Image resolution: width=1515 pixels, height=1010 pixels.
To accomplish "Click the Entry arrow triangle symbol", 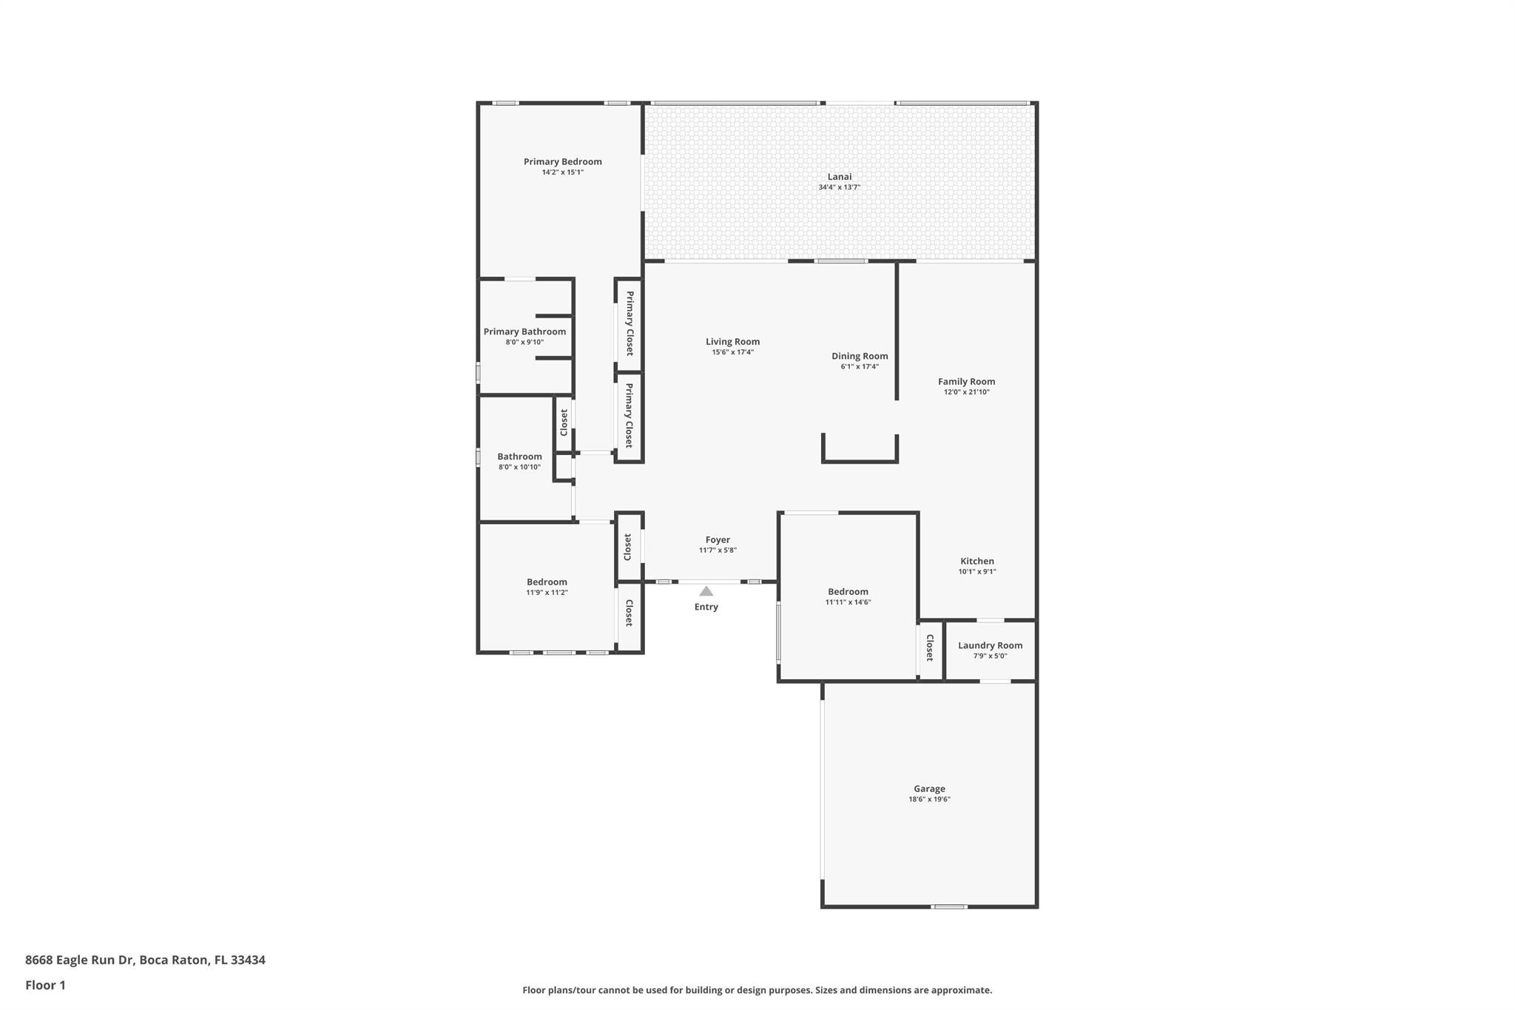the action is coord(706,591).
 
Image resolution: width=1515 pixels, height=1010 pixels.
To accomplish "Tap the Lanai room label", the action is coord(840,177).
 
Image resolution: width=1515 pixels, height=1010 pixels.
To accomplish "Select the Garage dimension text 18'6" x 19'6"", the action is coord(929,799).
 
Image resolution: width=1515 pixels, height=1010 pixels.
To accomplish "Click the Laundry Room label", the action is coord(991,645).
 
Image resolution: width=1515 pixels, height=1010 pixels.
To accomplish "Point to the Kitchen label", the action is coord(977,561).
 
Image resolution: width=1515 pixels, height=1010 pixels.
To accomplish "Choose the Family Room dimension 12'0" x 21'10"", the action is coord(967,392).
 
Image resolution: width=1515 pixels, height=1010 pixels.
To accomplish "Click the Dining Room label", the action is coord(860,356).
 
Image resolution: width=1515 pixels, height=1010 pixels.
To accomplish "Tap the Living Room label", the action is coord(732,342).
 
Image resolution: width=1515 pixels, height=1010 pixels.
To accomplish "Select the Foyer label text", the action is coord(718,540).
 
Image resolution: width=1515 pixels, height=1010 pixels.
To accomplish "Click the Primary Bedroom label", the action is coord(563,162).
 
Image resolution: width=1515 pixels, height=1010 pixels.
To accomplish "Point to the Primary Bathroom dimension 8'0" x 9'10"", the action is coord(524,342).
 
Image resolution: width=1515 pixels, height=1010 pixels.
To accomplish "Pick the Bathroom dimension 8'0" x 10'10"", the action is coord(519,467).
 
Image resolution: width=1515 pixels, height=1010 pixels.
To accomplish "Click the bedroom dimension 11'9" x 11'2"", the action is coord(547,593).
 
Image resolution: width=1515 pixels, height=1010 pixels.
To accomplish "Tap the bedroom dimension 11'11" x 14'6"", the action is coord(848,602).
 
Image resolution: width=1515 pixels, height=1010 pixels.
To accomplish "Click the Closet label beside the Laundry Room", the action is coord(930,647).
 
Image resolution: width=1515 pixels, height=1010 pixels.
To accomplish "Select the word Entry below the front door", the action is coord(706,607).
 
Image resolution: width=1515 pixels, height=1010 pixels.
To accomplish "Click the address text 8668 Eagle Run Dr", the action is coord(79,960).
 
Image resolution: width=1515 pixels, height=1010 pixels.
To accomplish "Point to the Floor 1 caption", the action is coord(45,986).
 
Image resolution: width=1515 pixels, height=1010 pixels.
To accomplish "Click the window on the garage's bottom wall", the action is coord(949,906).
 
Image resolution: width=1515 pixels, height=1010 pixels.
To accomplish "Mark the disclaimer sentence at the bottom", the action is coord(757,990).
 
